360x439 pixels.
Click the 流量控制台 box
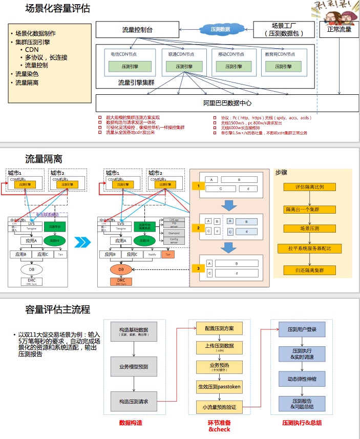point(137,30)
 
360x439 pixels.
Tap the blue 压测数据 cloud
point(220,30)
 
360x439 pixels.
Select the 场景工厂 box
point(284,30)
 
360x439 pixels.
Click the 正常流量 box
point(339,30)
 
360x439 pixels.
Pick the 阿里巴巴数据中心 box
point(227,103)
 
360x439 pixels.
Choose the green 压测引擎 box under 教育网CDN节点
point(281,67)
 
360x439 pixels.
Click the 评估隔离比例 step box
point(309,187)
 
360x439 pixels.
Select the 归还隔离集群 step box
point(309,270)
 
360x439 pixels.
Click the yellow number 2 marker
point(198,227)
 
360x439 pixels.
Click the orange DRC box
point(121,281)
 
